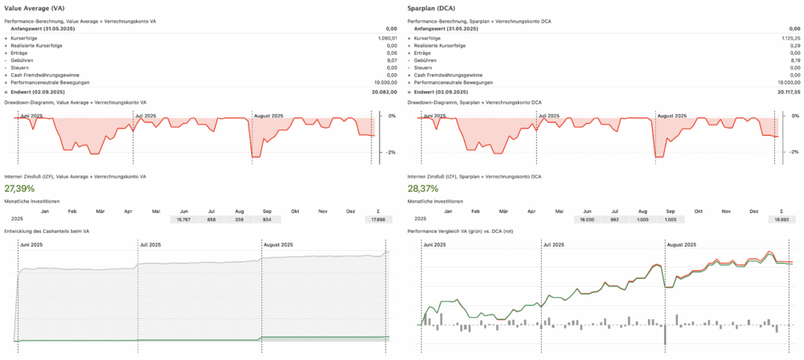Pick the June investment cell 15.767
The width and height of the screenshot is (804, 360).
183,219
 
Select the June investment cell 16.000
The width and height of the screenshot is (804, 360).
587,219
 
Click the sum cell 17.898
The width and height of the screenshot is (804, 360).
378,219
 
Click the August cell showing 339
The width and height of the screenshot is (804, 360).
240,219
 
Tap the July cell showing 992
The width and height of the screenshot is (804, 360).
616,219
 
